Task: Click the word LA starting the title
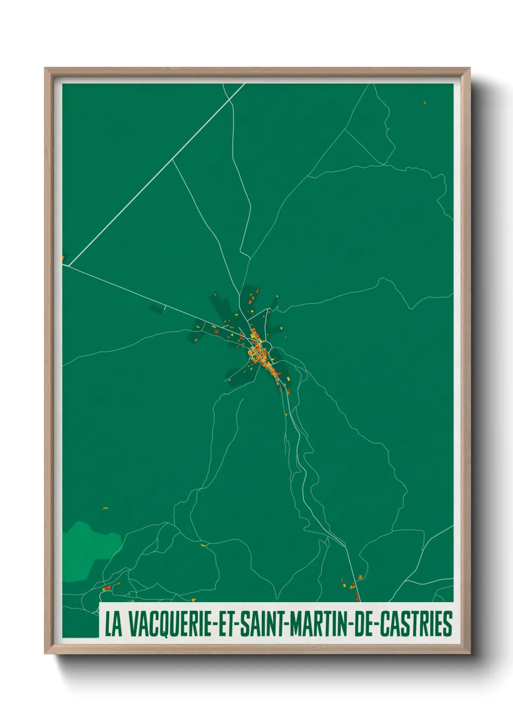click(113, 624)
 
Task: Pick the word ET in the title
click(225, 624)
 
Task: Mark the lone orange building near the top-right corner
click(424, 103)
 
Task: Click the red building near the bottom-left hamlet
click(108, 588)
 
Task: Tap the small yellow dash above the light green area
click(105, 508)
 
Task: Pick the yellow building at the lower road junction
click(203, 546)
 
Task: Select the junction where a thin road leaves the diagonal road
click(173, 159)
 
